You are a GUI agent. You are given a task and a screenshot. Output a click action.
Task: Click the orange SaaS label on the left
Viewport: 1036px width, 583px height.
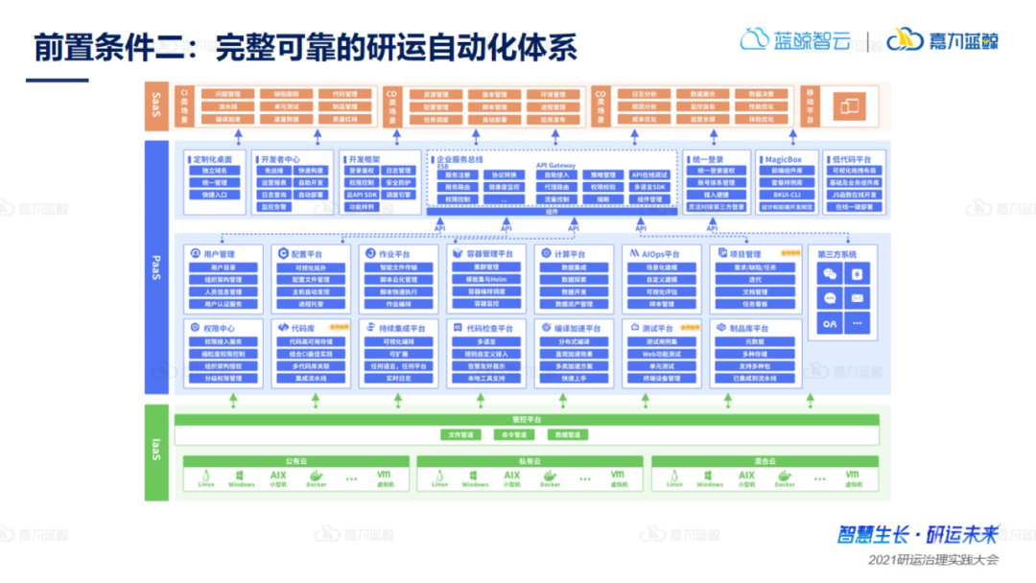point(156,105)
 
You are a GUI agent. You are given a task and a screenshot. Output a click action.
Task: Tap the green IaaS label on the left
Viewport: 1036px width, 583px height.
point(156,452)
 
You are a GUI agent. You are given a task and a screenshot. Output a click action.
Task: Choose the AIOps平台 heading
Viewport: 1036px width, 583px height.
point(654,253)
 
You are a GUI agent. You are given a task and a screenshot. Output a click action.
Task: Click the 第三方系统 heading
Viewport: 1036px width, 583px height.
point(836,254)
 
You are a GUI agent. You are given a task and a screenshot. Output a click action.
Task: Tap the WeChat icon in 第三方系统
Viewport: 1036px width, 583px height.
point(831,274)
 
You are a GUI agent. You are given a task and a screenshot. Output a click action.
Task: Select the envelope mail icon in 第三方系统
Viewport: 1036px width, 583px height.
point(857,299)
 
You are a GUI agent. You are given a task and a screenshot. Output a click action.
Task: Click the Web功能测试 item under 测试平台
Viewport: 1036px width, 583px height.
point(661,354)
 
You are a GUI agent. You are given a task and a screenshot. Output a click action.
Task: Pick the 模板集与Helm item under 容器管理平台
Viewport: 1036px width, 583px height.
point(486,279)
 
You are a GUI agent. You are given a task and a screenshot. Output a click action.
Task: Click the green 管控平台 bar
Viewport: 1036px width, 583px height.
point(528,420)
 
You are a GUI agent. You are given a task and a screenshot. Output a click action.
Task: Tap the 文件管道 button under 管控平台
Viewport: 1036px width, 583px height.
point(461,434)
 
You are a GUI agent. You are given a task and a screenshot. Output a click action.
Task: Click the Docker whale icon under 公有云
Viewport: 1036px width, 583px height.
point(316,476)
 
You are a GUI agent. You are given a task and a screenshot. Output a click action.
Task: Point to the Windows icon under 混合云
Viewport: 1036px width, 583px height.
point(710,476)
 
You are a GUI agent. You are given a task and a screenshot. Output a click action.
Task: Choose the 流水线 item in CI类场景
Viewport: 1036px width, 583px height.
point(227,107)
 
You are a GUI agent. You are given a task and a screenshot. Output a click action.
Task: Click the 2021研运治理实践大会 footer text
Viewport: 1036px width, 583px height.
point(933,559)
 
